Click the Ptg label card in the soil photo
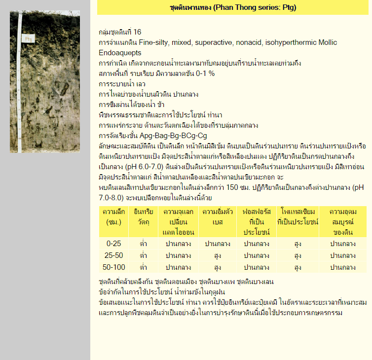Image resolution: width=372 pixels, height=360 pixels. point(29,38)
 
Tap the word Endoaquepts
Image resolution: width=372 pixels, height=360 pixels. point(120,53)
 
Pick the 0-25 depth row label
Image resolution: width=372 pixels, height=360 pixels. point(113,244)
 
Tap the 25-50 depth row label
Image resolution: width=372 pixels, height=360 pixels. point(113,255)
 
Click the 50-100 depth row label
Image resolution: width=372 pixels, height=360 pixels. point(113,267)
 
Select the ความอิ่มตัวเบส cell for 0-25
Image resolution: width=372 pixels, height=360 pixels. point(217,244)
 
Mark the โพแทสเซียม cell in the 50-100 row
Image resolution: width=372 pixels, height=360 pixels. point(298,267)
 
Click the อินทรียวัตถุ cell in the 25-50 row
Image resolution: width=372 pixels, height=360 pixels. point(143,255)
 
